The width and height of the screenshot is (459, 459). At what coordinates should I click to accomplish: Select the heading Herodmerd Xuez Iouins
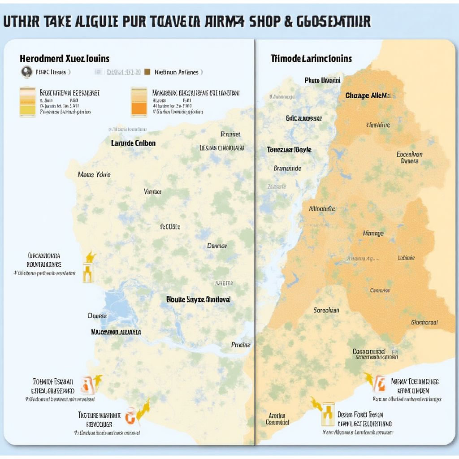(65, 59)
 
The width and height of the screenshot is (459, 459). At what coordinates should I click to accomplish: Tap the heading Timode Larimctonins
(311, 59)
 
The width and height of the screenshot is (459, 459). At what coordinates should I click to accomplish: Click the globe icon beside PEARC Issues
(26, 72)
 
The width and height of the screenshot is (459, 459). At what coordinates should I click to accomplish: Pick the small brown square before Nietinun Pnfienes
(147, 72)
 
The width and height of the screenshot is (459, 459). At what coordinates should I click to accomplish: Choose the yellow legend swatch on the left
(27, 102)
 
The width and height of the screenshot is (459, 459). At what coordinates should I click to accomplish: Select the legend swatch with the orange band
(139, 102)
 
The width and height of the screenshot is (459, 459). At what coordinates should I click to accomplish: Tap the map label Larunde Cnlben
(133, 143)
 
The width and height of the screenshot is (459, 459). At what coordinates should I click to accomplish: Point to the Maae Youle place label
(94, 174)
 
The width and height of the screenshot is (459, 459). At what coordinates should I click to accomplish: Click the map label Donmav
(217, 246)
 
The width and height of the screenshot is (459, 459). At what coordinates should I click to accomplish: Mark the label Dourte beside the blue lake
(97, 316)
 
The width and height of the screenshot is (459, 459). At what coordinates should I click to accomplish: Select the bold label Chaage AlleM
(368, 95)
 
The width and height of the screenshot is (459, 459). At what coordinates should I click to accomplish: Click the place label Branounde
(287, 169)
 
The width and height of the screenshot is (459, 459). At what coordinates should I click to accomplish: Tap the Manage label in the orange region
(373, 233)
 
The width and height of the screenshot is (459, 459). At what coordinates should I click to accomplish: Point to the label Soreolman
(326, 310)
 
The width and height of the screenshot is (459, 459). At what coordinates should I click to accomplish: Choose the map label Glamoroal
(424, 322)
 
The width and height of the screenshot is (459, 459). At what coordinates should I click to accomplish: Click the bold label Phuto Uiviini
(322, 80)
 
